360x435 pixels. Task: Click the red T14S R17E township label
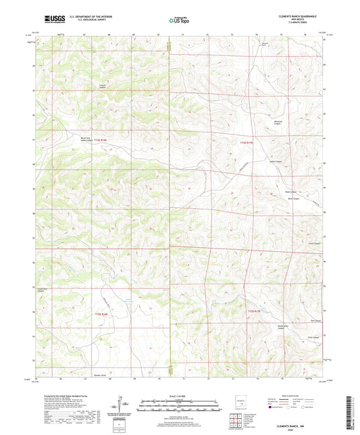(247, 143)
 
